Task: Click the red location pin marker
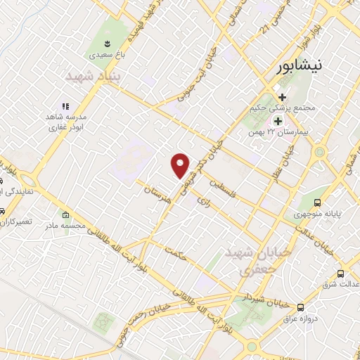click(181, 165)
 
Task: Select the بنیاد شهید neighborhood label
click(94, 75)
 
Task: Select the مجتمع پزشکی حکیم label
click(281, 109)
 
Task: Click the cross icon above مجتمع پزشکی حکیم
click(281, 97)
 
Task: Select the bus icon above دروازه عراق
click(301, 307)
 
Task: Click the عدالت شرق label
click(339, 285)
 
